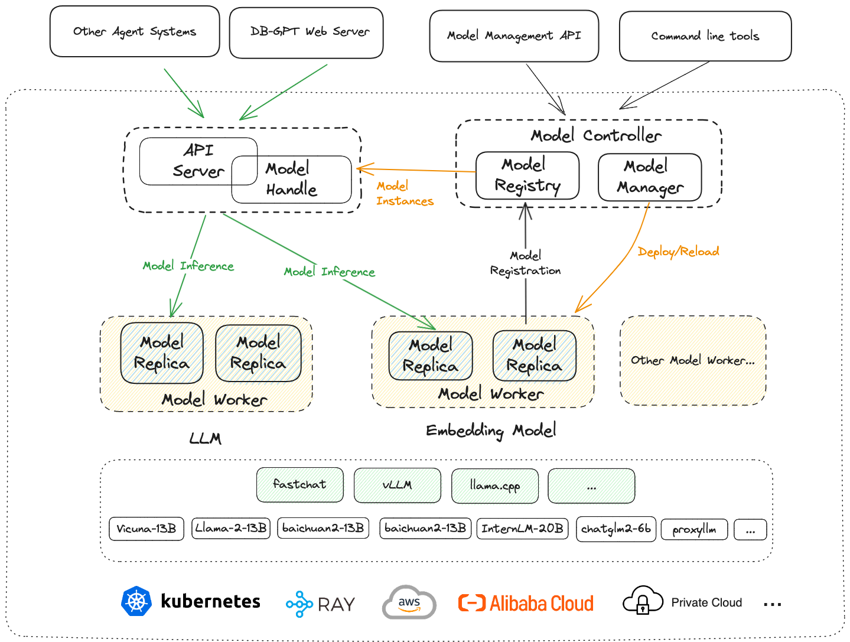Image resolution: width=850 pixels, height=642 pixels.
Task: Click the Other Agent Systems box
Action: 135,32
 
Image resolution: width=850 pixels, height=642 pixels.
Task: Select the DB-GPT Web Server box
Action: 306,32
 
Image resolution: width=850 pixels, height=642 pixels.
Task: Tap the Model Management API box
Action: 514,36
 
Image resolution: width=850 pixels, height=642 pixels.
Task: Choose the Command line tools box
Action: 705,36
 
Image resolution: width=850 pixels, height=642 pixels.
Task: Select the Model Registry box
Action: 527,175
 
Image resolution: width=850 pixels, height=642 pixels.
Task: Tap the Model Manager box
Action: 650,177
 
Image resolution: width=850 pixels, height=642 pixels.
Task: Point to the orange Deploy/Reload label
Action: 678,252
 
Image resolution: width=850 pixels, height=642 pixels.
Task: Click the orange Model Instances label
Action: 405,194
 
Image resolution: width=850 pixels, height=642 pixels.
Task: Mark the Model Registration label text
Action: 525,263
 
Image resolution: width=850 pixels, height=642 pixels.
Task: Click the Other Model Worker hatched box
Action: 693,361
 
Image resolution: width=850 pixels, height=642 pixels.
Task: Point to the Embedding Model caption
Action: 491,431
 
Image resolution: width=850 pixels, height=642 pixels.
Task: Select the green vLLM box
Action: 398,486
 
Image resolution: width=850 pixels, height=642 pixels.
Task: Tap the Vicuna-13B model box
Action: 146,529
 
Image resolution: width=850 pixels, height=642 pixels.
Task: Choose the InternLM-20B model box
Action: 522,529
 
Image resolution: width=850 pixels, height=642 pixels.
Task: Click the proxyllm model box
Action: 694,530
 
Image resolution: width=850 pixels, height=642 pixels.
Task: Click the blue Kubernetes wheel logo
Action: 136,602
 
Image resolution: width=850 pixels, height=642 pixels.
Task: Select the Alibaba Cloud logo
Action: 526,603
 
